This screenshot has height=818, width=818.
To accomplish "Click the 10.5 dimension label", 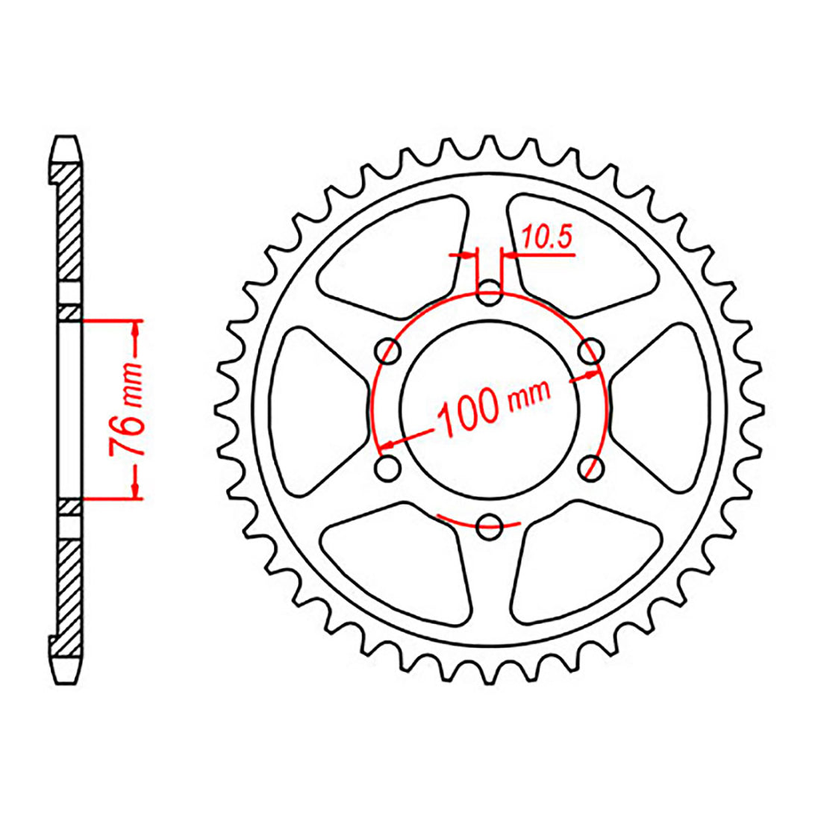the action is pos(547,237).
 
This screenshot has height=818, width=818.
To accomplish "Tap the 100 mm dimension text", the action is pos(493,405).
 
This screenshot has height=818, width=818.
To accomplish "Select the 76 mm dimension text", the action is pos(127,409).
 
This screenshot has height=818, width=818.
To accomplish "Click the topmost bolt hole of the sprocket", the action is pos(490,293).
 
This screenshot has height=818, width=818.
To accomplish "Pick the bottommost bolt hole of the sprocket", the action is pos(490,526).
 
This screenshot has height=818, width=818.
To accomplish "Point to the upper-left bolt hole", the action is pos(388,351).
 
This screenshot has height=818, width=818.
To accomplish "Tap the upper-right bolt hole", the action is pos(590,351).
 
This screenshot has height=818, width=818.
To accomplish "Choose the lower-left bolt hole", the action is pos(388,467).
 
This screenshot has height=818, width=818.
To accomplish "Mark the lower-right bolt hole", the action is pos(590,467).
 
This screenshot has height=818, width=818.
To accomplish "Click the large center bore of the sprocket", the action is pos(490,410).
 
